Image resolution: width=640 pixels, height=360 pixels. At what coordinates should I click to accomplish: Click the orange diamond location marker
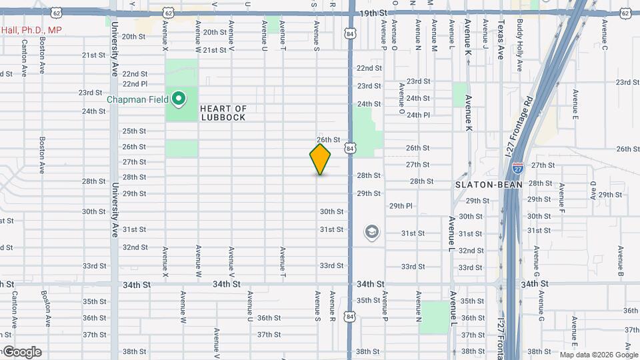[320, 159]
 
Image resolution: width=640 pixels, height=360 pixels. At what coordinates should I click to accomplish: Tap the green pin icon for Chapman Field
[178, 99]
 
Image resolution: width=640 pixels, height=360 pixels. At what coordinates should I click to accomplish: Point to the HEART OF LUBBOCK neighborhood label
[223, 113]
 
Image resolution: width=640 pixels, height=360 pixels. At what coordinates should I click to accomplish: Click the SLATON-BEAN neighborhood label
[479, 184]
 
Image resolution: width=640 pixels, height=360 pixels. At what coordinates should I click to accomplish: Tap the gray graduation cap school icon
[371, 232]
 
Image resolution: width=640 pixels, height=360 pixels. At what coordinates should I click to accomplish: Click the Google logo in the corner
[21, 352]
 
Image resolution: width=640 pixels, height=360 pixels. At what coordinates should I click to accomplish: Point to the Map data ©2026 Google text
[598, 355]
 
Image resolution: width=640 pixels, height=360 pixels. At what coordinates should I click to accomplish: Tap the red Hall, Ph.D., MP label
[31, 30]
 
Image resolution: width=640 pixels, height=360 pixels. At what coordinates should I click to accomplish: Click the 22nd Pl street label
[134, 84]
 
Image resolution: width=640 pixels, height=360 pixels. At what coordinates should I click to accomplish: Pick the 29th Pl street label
[401, 206]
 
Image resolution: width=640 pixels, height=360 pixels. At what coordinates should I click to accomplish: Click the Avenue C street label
[605, 35]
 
